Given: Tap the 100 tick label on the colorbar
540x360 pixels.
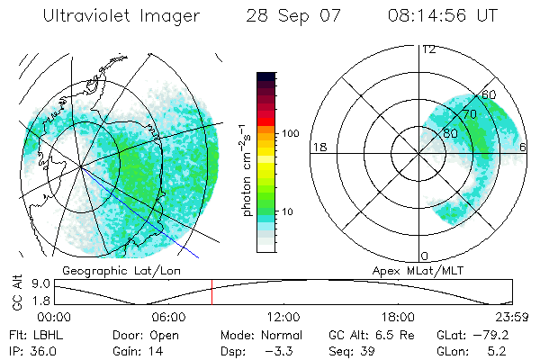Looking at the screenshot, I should pos(290,132).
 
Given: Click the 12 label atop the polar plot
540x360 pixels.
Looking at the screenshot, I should pos(429,49).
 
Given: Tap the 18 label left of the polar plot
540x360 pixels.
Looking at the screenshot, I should pos(319,147).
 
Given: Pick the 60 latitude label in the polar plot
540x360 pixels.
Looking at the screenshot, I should pos(489,94).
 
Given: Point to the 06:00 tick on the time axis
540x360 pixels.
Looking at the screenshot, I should pos(168,317).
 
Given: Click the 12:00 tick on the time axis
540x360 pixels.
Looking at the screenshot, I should pos(283,317).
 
